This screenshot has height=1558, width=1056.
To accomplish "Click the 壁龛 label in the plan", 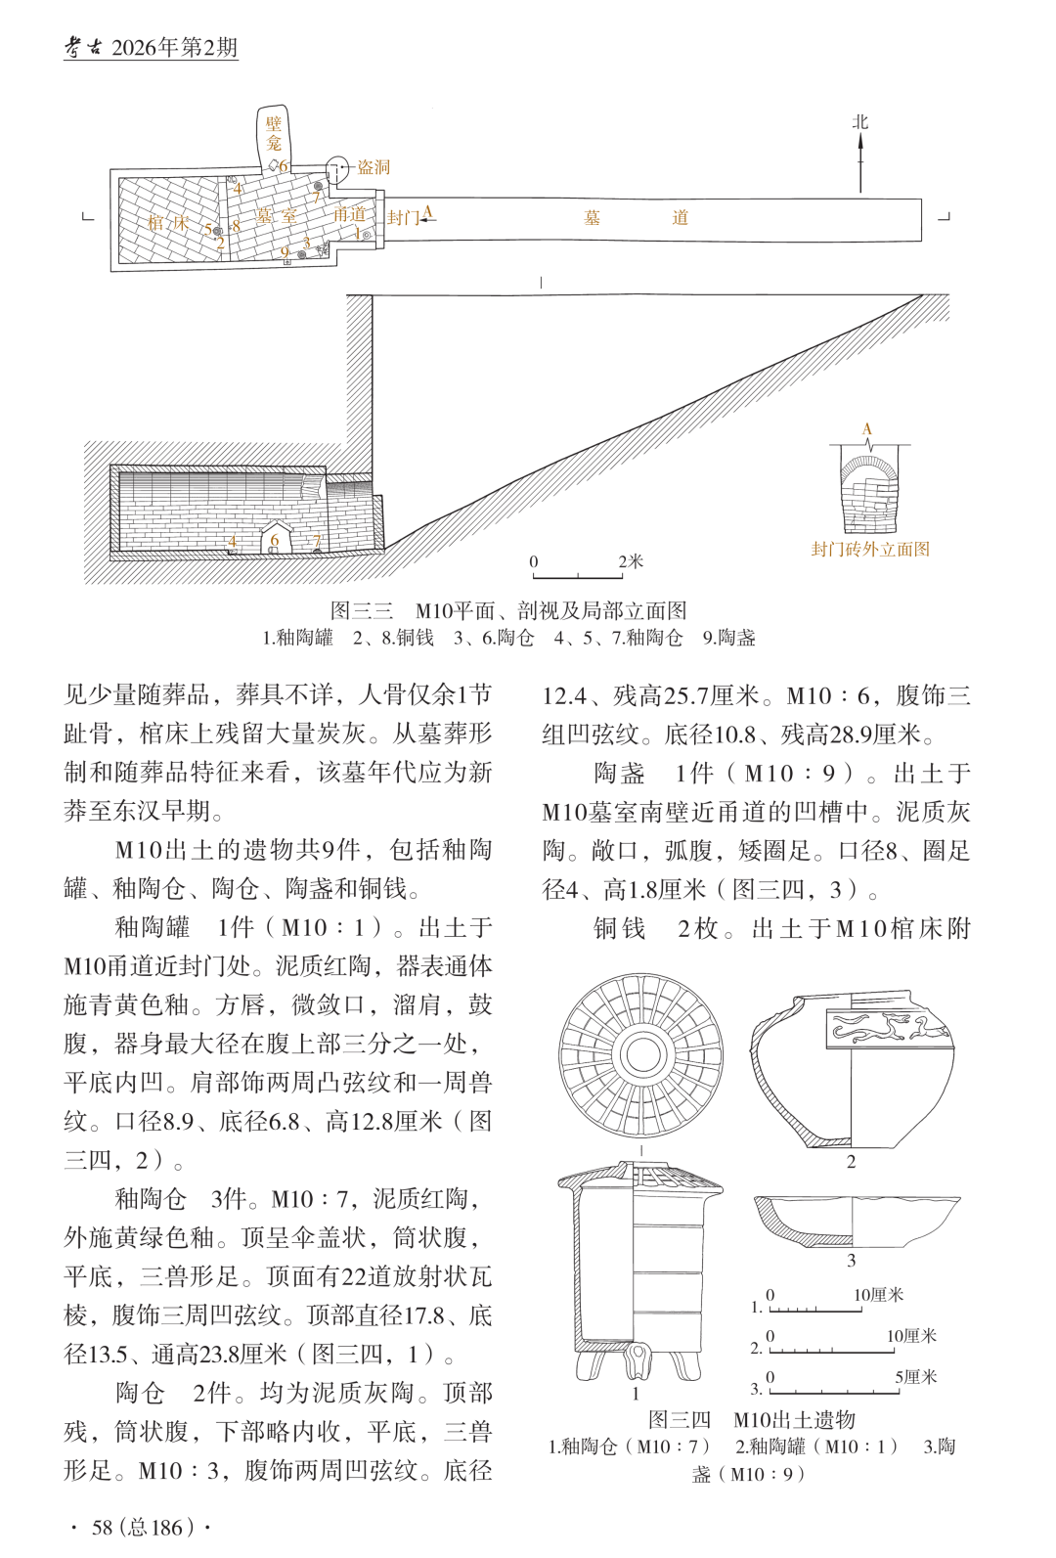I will coord(274,133).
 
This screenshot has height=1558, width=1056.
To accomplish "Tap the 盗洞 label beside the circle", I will coord(373,167).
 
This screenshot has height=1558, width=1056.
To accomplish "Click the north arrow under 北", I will coord(860,162).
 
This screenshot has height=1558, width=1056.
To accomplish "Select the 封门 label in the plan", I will coord(403,217).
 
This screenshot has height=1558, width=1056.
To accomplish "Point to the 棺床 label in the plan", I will coord(168,223).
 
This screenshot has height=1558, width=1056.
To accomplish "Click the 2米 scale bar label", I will coord(631,561).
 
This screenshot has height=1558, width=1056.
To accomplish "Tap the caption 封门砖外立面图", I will coord(870,550).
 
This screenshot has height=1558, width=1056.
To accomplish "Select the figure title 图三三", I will coord(362,611).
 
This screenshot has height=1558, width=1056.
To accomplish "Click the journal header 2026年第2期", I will coord(174,48).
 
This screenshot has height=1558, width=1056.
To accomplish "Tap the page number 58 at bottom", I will coord(103,1528).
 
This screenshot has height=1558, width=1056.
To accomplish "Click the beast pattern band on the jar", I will coord(889,1027).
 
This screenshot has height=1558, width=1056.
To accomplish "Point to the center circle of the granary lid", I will coord(641,1054).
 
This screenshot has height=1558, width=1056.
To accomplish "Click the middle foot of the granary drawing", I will coord(638,1362).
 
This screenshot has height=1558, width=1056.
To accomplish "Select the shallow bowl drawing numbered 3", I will coord(856,1220).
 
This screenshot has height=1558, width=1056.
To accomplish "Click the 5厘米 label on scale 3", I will coord(915,1377).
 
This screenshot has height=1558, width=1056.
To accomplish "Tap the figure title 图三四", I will coord(680,1420).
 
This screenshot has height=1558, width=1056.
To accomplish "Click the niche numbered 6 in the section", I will coord(275,539).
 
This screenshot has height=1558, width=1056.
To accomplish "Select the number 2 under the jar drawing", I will coord(851,1162).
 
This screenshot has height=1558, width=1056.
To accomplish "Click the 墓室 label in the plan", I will coord(276,216).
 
